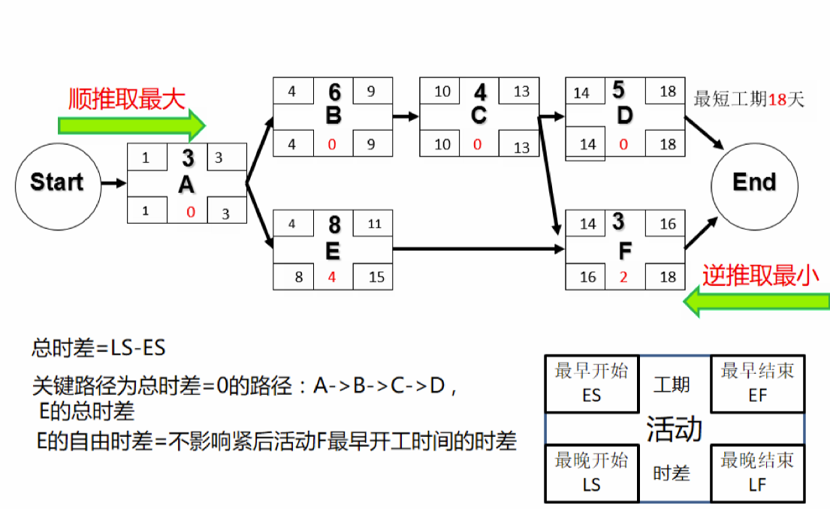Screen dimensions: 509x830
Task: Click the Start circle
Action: pyautogui.click(x=57, y=182)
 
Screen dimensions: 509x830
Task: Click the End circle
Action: pyautogui.click(x=754, y=182)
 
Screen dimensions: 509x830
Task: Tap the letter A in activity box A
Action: pyautogui.click(x=187, y=185)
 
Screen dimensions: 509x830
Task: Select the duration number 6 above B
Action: pyautogui.click(x=334, y=92)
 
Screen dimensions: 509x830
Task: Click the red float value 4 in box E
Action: pyautogui.click(x=331, y=277)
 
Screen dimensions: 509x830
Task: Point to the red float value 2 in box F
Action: pyautogui.click(x=623, y=277)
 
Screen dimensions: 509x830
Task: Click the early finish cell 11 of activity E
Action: pyautogui.click(x=375, y=224)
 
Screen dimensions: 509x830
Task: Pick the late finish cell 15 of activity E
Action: pyautogui.click(x=376, y=277)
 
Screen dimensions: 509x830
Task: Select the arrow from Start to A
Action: pyautogui.click(x=113, y=182)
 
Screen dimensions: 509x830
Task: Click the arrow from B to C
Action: pyautogui.click(x=406, y=116)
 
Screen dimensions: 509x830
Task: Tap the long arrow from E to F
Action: pyautogui.click(x=478, y=248)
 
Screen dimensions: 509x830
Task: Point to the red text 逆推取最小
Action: pyautogui.click(x=760, y=276)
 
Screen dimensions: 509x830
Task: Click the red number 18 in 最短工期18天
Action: pyautogui.click(x=777, y=99)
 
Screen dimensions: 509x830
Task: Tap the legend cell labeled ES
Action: pyautogui.click(x=591, y=384)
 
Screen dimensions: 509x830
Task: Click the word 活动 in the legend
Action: pyautogui.click(x=674, y=428)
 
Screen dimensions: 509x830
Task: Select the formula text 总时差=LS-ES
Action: pyautogui.click(x=98, y=348)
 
